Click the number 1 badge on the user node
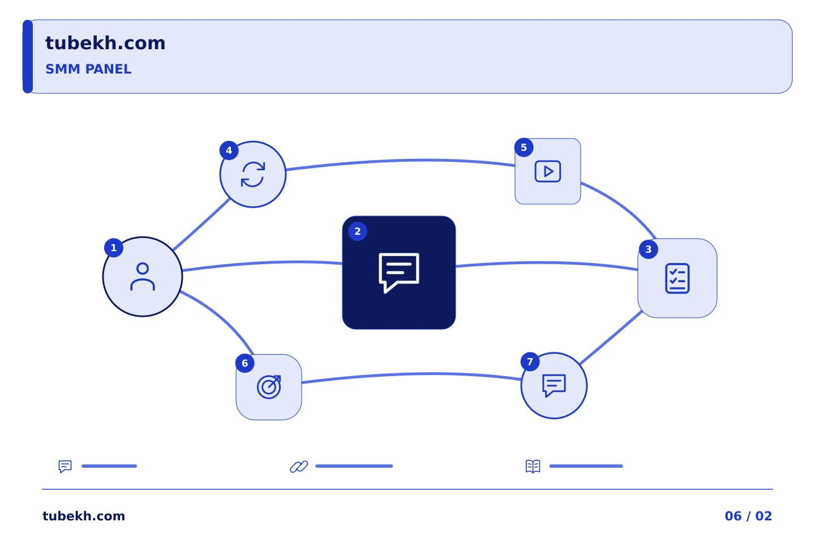pyautogui.click(x=114, y=248)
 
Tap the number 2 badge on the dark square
pyautogui.click(x=357, y=231)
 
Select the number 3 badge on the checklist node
pyautogui.click(x=648, y=249)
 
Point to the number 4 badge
pyautogui.click(x=229, y=150)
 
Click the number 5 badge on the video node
pyautogui.click(x=524, y=147)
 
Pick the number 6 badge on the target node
pyautogui.click(x=245, y=363)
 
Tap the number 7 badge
pyautogui.click(x=530, y=361)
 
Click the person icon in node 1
pyautogui.click(x=143, y=277)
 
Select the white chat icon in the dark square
pyautogui.click(x=399, y=273)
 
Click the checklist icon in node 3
pyautogui.click(x=677, y=278)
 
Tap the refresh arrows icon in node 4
pyautogui.click(x=253, y=174)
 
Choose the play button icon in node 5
pyautogui.click(x=548, y=171)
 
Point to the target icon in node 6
pyautogui.click(x=269, y=387)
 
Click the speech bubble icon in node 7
pyautogui.click(x=554, y=386)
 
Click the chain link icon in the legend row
pyautogui.click(x=299, y=466)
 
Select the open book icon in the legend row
pyautogui.click(x=533, y=466)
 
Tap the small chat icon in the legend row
pyautogui.click(x=65, y=466)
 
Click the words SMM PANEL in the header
pyautogui.click(x=88, y=69)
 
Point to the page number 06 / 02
pyautogui.click(x=748, y=516)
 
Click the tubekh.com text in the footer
pyautogui.click(x=84, y=516)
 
